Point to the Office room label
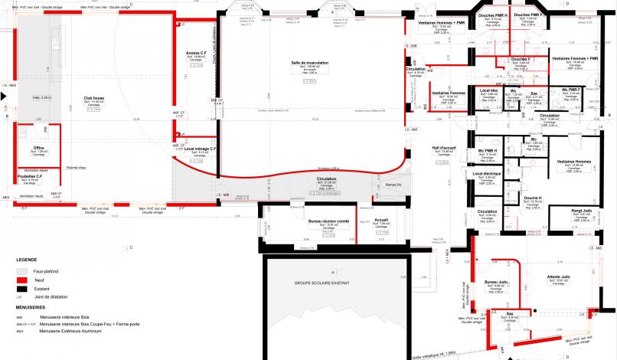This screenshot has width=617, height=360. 40,148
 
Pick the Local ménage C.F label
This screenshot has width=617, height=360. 200,148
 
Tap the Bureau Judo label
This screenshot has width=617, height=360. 496,283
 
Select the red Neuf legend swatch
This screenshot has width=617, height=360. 21,280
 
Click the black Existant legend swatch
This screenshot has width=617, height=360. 21,288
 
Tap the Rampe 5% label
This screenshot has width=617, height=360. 380,185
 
